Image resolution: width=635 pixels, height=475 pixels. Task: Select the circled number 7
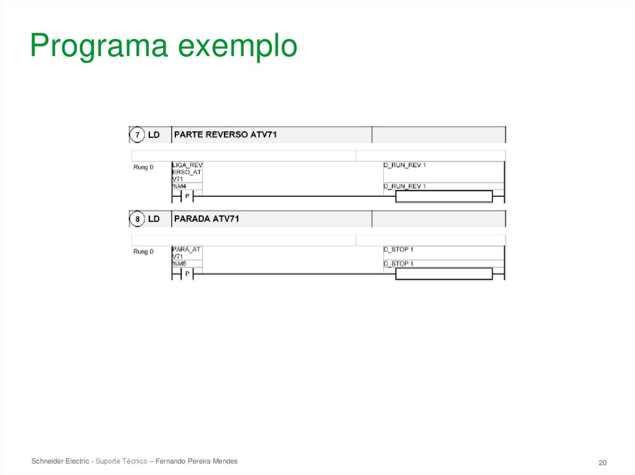click(136, 134)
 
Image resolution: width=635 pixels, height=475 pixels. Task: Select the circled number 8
click(136, 219)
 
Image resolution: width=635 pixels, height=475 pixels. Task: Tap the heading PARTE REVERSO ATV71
click(225, 134)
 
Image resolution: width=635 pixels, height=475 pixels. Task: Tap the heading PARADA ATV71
click(206, 219)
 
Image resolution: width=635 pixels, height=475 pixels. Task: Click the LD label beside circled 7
click(154, 134)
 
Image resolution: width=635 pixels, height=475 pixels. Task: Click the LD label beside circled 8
click(154, 219)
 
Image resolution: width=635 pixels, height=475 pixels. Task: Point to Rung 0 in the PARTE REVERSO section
click(143, 167)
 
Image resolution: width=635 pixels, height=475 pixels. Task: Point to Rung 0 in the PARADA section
click(143, 251)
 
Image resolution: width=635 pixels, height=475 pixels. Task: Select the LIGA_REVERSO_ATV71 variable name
click(187, 172)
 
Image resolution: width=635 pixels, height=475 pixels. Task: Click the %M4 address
click(179, 186)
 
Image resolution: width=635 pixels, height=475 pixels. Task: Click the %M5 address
click(179, 264)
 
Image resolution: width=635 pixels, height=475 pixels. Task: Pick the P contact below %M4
click(187, 197)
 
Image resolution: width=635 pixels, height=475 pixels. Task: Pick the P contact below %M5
click(187, 274)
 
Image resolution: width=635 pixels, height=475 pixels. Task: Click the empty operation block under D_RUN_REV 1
click(443, 197)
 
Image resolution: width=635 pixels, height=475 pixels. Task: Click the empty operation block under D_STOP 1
click(443, 274)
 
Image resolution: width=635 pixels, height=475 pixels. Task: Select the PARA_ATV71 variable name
click(186, 253)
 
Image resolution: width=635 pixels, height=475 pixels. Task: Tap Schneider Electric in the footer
click(60, 461)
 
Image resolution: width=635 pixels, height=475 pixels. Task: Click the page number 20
click(602, 463)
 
